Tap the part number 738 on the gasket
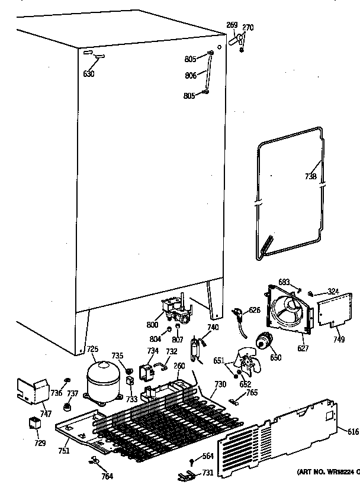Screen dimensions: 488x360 coord(310,176)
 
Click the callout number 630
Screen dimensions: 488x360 coord(89,74)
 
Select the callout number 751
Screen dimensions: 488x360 coord(64,451)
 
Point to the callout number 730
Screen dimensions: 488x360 coord(220,384)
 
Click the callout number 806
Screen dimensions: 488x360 coord(190,76)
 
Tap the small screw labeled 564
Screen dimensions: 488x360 coord(192,462)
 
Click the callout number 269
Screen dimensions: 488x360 coord(232,25)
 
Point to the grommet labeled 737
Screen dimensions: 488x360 coord(67,408)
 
